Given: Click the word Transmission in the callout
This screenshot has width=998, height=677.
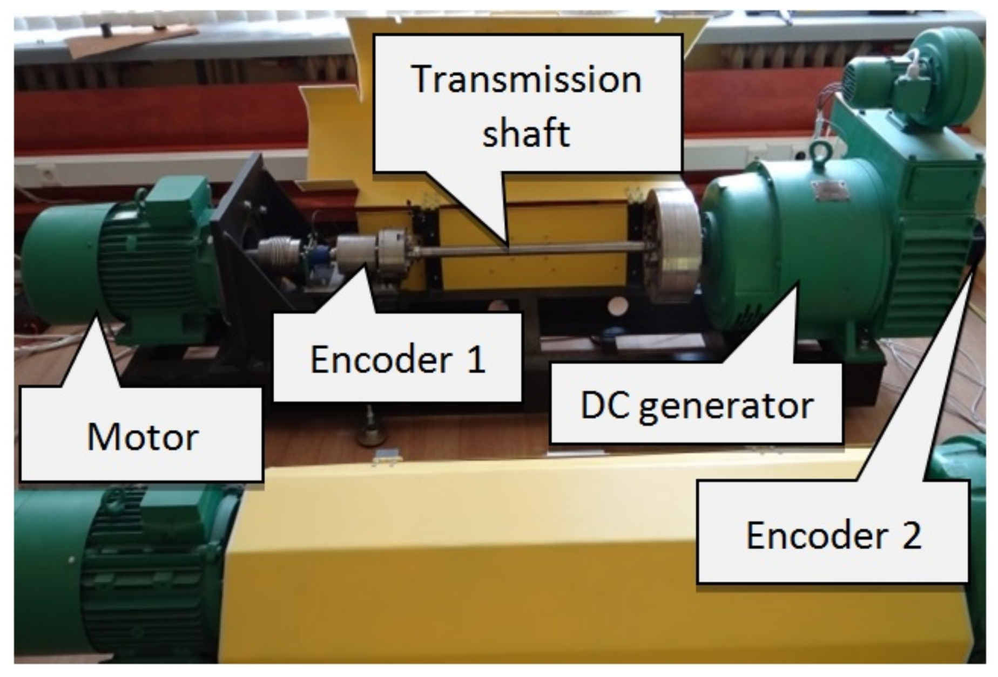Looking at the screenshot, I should (x=527, y=80).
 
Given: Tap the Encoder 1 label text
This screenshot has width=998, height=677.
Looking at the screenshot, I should (x=397, y=360).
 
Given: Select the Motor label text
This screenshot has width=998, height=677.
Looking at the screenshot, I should (x=143, y=437).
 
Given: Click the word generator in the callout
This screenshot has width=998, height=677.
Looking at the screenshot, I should (x=726, y=406).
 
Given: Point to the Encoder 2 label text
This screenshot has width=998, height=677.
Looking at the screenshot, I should (x=833, y=536).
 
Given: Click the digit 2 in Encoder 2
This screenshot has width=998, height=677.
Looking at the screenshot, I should (x=911, y=536).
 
